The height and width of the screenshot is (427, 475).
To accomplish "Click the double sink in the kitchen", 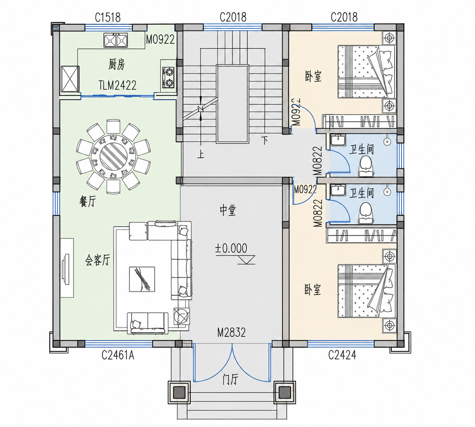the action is [116, 40].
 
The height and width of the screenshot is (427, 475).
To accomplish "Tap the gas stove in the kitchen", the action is [169, 77].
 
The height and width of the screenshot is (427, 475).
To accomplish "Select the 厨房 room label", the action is [116, 64].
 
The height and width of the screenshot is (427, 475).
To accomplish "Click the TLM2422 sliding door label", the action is [117, 85].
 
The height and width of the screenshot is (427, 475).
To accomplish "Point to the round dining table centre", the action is [114, 156].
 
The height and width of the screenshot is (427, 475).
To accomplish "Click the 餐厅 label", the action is [88, 202].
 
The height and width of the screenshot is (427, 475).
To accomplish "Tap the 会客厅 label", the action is [98, 260].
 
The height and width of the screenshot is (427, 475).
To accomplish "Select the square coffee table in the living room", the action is [142, 279].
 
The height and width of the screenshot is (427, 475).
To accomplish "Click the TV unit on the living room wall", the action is [67, 268].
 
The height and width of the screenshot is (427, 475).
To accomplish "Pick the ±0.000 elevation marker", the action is [231, 248].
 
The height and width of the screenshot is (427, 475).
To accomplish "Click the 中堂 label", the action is [228, 210].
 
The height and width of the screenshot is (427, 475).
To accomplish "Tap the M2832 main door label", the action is [232, 333].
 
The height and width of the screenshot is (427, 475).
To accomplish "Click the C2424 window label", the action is [342, 355].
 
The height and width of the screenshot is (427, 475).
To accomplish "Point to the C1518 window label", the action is [108, 17].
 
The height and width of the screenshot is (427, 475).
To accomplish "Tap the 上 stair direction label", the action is [201, 155].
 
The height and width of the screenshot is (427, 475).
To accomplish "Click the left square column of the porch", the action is [179, 393].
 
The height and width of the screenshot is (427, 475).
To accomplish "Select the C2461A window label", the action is [118, 355].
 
